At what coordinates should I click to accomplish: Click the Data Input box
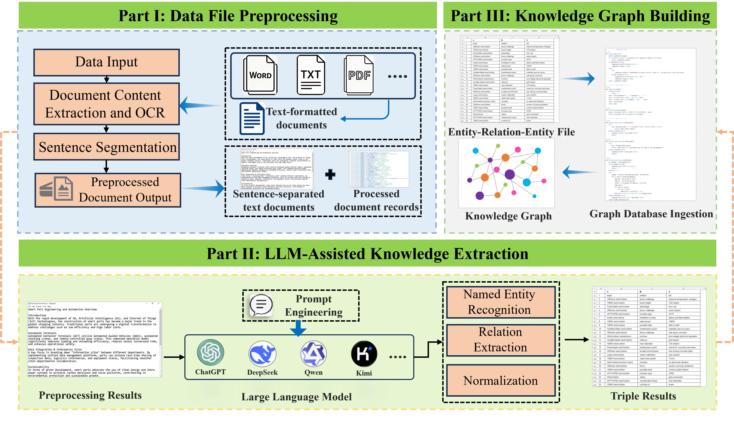[106, 62]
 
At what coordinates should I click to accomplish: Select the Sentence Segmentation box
[106, 147]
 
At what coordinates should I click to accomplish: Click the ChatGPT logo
[210, 353]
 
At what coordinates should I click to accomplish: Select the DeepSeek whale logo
[262, 354]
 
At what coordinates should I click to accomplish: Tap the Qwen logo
[314, 354]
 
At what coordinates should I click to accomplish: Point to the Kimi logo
[364, 354]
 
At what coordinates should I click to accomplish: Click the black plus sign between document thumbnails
[330, 175]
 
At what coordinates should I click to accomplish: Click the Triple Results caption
[643, 396]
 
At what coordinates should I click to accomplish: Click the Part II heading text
[367, 254]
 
